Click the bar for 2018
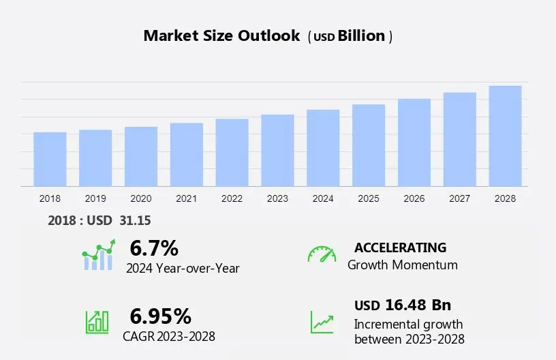click(x=50, y=159)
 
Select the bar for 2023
click(x=277, y=150)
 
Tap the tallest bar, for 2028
click(x=505, y=136)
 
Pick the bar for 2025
click(x=369, y=145)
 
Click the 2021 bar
click(x=187, y=154)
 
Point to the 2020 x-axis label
click(x=141, y=198)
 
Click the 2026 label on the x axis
click(x=414, y=198)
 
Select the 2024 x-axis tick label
click(x=323, y=198)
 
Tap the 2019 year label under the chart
click(x=95, y=198)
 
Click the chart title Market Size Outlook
click(x=221, y=36)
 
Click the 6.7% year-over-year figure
click(x=154, y=247)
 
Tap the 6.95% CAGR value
click(x=161, y=316)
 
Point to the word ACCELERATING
click(x=400, y=247)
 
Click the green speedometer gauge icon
click(x=322, y=254)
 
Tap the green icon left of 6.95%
click(x=97, y=322)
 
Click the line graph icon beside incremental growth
click(x=322, y=322)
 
